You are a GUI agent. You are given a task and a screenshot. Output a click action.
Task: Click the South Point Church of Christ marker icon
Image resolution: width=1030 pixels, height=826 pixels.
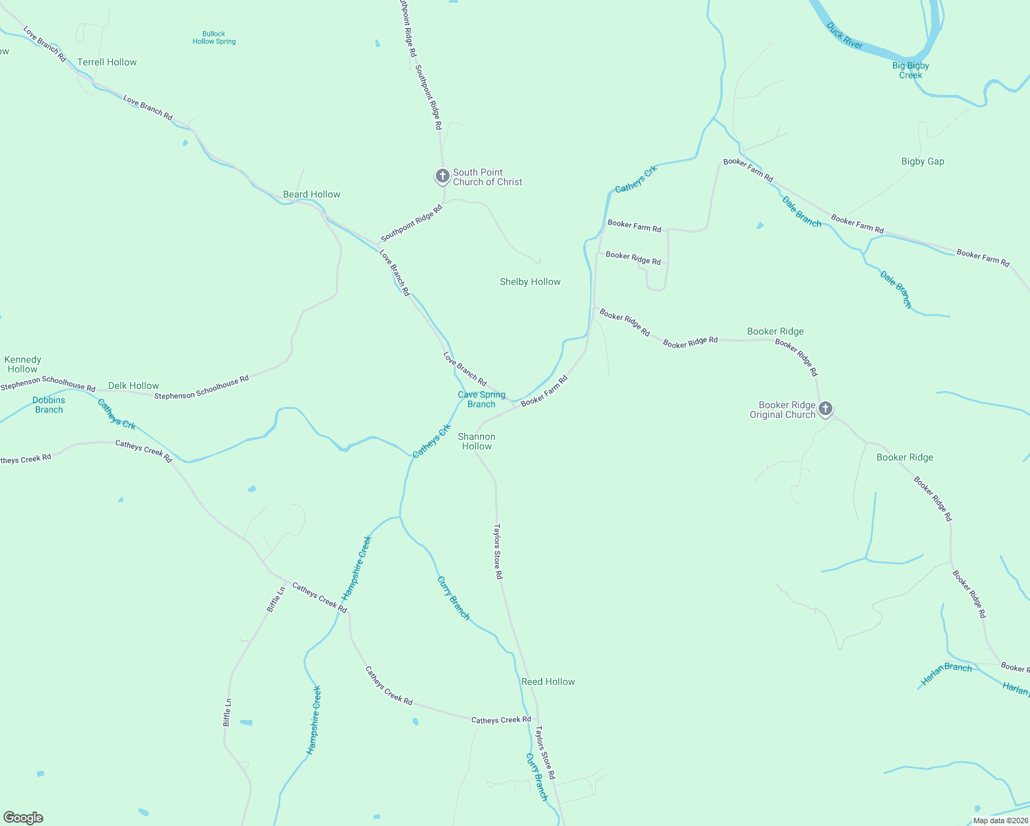442,176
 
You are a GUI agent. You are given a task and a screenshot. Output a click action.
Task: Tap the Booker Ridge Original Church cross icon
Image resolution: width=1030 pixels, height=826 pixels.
825,409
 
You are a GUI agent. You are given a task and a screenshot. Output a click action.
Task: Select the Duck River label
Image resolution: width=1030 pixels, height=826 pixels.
845,36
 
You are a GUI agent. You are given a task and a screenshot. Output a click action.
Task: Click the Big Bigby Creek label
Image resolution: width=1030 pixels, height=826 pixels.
910,70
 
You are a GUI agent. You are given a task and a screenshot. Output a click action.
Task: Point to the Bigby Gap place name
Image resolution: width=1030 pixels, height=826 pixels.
923,161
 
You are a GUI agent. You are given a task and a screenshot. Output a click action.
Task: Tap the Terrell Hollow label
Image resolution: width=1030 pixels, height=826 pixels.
107,62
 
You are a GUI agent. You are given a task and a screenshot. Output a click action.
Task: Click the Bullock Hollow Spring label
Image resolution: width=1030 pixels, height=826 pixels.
214,37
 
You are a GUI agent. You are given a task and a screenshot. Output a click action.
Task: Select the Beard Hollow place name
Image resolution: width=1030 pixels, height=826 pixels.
311,194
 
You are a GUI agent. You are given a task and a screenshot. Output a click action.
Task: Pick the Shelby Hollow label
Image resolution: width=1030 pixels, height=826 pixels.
530,282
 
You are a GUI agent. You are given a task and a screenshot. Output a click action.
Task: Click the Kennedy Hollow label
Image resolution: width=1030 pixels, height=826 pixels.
23,364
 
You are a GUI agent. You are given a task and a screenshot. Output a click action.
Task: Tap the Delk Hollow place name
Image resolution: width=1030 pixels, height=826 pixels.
134,385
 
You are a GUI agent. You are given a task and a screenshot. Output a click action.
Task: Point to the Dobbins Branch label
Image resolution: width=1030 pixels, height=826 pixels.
49,405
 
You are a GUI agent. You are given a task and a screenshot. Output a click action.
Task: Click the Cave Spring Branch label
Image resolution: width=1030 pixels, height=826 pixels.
481,399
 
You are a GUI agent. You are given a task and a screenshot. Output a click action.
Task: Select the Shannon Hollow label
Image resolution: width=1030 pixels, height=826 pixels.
476,441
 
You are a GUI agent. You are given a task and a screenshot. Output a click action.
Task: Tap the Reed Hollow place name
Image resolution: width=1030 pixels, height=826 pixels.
548,681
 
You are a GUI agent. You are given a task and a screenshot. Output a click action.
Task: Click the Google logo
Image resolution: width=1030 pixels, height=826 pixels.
23,818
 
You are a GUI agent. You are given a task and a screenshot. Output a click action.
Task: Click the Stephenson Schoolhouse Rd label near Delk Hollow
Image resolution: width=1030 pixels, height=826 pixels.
201,388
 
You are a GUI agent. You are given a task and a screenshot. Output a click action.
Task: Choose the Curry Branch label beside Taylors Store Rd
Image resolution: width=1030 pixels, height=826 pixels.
536,777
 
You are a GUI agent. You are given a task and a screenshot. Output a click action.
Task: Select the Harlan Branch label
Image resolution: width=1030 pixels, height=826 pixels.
947,674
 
